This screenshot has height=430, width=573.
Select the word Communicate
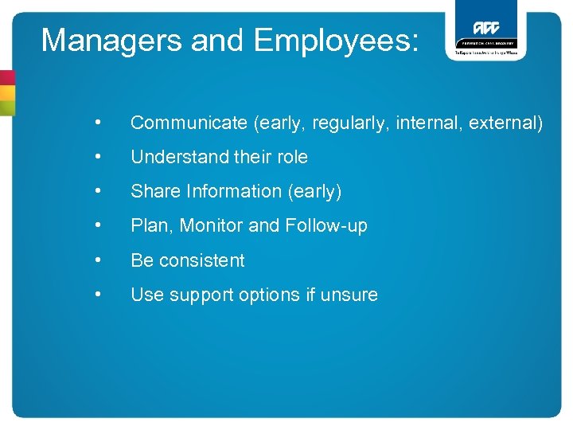click(189, 123)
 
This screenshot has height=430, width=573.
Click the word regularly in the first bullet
click(348, 123)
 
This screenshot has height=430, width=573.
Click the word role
click(290, 157)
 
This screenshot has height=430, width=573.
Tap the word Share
click(155, 191)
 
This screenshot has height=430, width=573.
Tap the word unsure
click(348, 295)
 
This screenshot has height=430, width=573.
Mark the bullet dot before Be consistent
click(97, 260)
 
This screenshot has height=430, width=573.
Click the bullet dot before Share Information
click(97, 191)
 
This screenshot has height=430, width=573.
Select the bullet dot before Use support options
click(97, 294)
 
